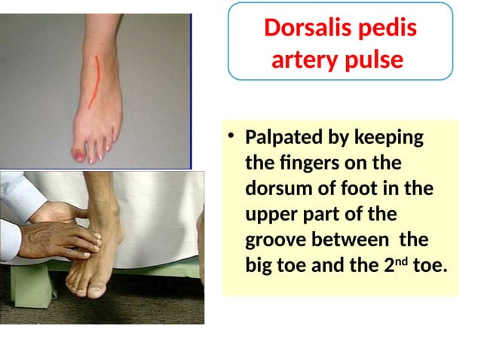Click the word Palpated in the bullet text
click(283, 139)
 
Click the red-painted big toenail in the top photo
click(78, 155)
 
